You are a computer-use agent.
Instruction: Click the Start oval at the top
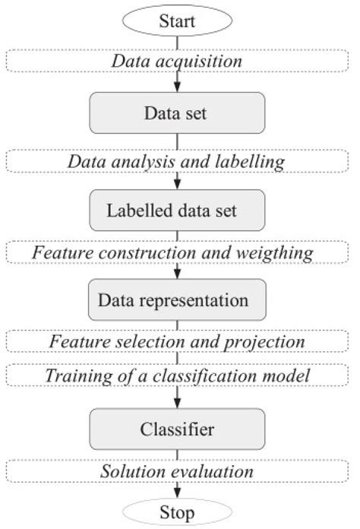[x=177, y=22]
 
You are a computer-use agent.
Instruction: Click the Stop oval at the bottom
[x=177, y=512]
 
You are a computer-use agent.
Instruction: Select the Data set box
[x=177, y=114]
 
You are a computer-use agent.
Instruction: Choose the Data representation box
[x=177, y=299]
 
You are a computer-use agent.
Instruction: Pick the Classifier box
[x=177, y=430]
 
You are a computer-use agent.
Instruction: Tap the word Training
[x=76, y=375]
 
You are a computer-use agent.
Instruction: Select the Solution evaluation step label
[x=176, y=471]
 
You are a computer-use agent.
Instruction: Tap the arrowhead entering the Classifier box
[x=177, y=404]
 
